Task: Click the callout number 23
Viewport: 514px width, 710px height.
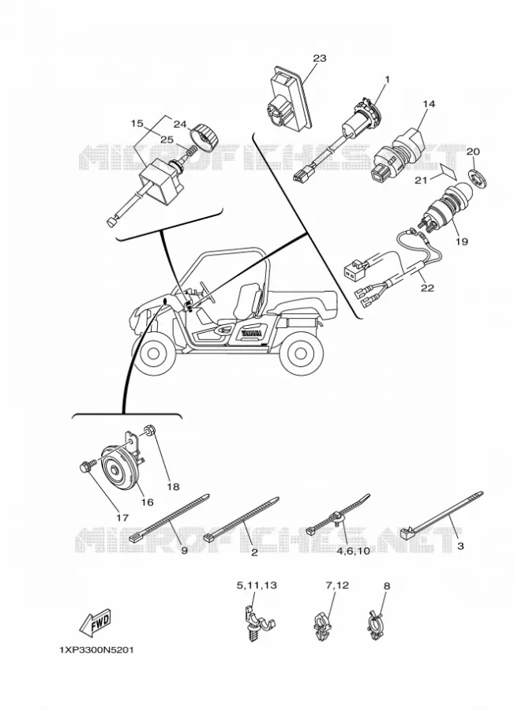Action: [x=319, y=58]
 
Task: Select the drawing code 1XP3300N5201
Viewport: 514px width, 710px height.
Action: [x=96, y=650]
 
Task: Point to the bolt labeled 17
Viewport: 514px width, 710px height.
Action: [x=88, y=465]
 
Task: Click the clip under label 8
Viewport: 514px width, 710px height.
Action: [x=375, y=627]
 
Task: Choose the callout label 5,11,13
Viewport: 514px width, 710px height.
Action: [x=257, y=586]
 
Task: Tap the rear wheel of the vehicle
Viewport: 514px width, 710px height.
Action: [x=302, y=353]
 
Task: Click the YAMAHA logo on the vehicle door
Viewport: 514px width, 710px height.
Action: [x=251, y=333]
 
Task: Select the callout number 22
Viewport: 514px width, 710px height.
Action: [x=427, y=288]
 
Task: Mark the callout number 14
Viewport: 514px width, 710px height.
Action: [x=429, y=104]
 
